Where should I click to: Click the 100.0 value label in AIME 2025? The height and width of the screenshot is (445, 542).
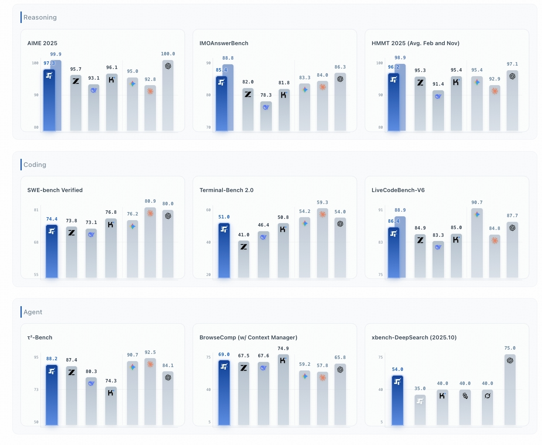tap(168, 54)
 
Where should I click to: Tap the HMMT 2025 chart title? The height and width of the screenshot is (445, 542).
tap(415, 43)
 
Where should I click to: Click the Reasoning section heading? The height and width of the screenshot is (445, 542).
tap(40, 17)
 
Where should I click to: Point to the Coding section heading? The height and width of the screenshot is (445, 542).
tap(35, 165)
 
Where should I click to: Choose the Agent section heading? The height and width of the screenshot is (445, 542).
tap(33, 312)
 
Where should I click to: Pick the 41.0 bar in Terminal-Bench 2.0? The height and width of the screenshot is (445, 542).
tap(244, 260)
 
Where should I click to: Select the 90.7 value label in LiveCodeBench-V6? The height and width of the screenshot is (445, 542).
tap(477, 203)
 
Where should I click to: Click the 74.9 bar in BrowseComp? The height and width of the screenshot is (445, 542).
tap(283, 390)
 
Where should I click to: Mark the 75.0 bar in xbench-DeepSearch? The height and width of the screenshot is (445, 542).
tap(510, 390)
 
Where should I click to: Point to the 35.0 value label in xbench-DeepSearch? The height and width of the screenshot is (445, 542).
tap(420, 389)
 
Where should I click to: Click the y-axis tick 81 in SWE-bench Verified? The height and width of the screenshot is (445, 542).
tap(36, 210)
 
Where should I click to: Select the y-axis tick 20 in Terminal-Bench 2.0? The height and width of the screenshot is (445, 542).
tap(208, 275)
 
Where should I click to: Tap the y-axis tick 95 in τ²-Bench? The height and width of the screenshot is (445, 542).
tap(36, 357)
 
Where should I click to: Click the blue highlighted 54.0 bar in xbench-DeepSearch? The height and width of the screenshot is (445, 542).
tap(398, 400)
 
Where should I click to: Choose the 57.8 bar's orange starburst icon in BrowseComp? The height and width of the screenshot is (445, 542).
tap(323, 377)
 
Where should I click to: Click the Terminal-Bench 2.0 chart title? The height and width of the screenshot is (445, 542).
tap(226, 190)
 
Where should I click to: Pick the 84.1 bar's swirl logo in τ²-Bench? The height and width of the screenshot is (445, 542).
tap(168, 377)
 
